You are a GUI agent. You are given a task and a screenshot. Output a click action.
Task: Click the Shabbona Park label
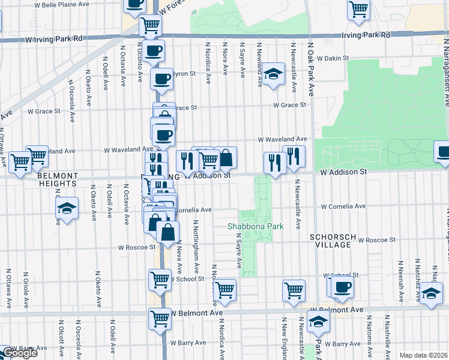(255, 226)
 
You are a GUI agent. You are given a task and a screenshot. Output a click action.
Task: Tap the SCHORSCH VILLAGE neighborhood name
(330, 241)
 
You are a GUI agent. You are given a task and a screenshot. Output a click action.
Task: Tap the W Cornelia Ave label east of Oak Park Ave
(343, 206)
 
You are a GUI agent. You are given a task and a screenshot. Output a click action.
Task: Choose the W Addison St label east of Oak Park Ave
(343, 172)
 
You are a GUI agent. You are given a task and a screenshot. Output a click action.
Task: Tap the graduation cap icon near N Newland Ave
(273, 74)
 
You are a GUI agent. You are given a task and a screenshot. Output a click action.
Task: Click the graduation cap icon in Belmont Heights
(67, 208)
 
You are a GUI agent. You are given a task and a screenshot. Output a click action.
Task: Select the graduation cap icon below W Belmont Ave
(318, 322)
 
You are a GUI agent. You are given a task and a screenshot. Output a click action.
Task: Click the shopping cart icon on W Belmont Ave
(160, 318)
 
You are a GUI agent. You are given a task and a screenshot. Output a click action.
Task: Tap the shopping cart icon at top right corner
(358, 8)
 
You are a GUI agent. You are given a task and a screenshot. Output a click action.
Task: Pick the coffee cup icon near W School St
(342, 286)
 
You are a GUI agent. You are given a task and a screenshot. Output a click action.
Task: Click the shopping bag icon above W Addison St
(226, 158)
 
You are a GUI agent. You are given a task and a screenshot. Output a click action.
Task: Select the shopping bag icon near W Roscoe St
(169, 231)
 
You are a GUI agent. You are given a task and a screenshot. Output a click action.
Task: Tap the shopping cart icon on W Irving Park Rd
(150, 25)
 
